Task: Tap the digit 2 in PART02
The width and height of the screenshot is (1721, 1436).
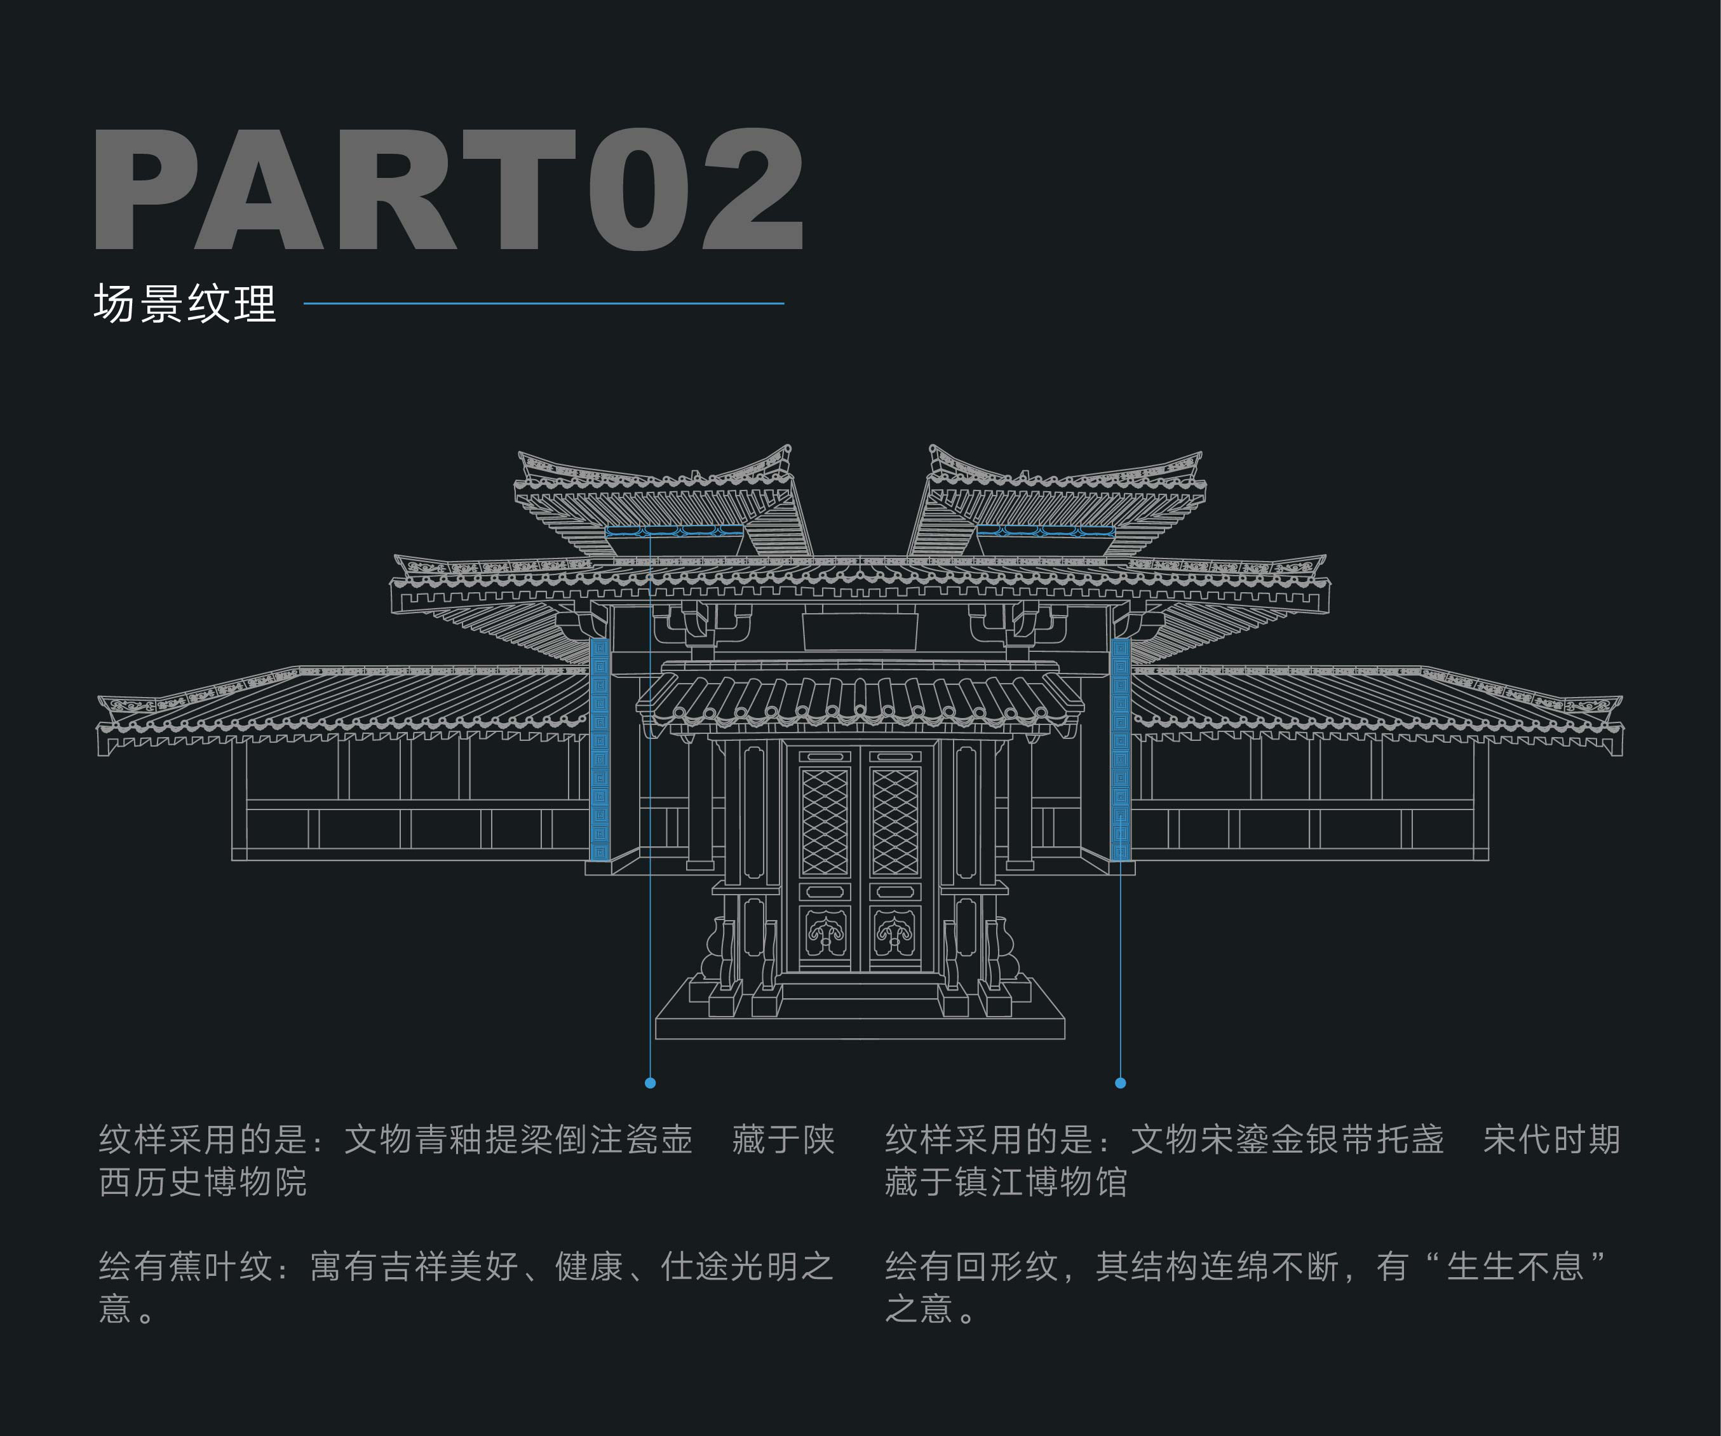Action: click(752, 189)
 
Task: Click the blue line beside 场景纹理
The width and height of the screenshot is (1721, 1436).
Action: click(543, 303)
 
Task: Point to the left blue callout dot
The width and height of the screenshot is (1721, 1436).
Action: click(650, 1083)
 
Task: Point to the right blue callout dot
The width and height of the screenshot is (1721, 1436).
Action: click(1120, 1083)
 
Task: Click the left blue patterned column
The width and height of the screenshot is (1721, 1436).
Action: click(600, 749)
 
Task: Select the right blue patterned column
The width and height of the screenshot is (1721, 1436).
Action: click(1120, 749)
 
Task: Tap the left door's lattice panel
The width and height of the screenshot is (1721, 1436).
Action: click(825, 822)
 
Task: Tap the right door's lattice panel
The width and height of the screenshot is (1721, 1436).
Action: click(895, 822)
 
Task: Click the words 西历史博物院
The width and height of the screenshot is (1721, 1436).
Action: click(203, 1182)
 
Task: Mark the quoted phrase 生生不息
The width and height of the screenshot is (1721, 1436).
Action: click(1515, 1267)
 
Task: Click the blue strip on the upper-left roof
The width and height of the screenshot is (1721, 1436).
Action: click(673, 531)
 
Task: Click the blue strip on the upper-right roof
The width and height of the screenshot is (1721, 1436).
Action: click(1046, 531)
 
